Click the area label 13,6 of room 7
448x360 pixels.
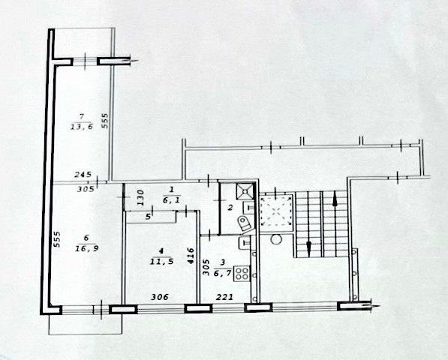(82, 127)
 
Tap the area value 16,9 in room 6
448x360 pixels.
(86, 249)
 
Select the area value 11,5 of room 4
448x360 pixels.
(161, 261)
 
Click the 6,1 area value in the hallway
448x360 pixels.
(172, 201)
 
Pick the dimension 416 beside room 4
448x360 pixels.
(191, 255)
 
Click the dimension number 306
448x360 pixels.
(159, 297)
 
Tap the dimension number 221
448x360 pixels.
(224, 297)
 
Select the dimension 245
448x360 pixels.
(83, 174)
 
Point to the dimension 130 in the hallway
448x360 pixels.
(140, 197)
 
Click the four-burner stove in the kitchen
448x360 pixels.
(242, 273)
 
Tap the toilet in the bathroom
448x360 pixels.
(245, 223)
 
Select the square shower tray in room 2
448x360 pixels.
(245, 190)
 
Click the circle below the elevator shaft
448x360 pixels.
(276, 239)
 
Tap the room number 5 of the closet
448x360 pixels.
(148, 217)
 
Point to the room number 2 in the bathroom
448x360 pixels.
(230, 208)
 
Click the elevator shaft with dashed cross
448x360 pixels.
(276, 211)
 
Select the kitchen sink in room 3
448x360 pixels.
(244, 243)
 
